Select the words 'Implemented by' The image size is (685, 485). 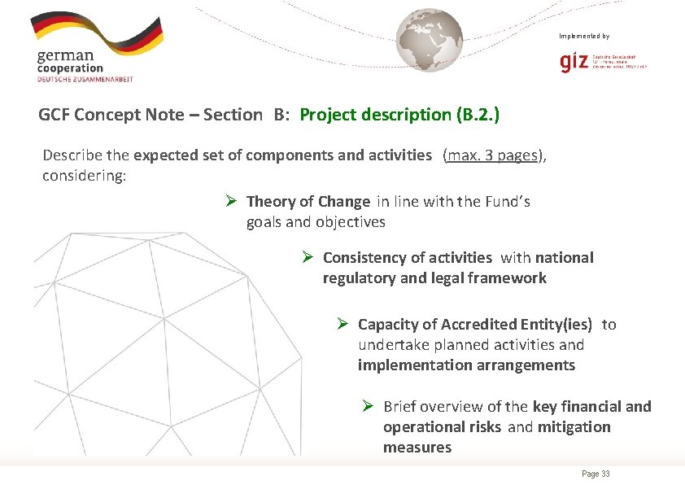[583, 36]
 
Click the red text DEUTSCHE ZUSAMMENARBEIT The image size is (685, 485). [85, 79]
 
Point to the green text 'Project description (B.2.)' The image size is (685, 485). [399, 115]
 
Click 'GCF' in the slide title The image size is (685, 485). [54, 115]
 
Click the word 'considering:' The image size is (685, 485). [85, 176]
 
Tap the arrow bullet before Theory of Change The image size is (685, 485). [231, 201]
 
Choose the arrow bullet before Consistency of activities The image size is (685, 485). [308, 257]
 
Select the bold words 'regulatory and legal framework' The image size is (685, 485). [434, 277]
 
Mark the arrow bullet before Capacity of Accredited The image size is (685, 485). [343, 324]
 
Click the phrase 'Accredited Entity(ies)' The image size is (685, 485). [517, 324]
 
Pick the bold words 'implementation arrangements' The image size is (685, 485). [466, 365]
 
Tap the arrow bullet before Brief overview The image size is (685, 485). [368, 406]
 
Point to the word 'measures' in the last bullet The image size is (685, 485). [417, 447]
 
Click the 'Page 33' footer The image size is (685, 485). [596, 474]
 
